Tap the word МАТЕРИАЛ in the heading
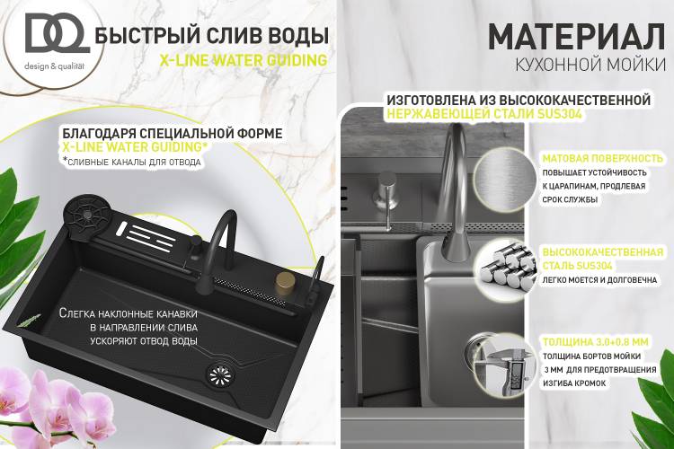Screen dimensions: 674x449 [577, 38]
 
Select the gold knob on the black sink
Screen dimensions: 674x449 [284, 283]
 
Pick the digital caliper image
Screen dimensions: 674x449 [503, 365]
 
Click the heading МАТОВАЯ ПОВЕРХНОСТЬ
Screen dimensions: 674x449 [603, 159]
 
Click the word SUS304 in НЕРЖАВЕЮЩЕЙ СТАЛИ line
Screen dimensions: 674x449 [559, 114]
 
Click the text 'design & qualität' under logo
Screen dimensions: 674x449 [54, 66]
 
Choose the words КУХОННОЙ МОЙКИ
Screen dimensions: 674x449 [590, 65]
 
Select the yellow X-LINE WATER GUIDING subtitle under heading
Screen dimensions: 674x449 [244, 60]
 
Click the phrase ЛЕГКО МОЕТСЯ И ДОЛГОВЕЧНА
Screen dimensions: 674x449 [599, 280]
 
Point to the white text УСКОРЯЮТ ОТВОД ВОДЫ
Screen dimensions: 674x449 [144, 341]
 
